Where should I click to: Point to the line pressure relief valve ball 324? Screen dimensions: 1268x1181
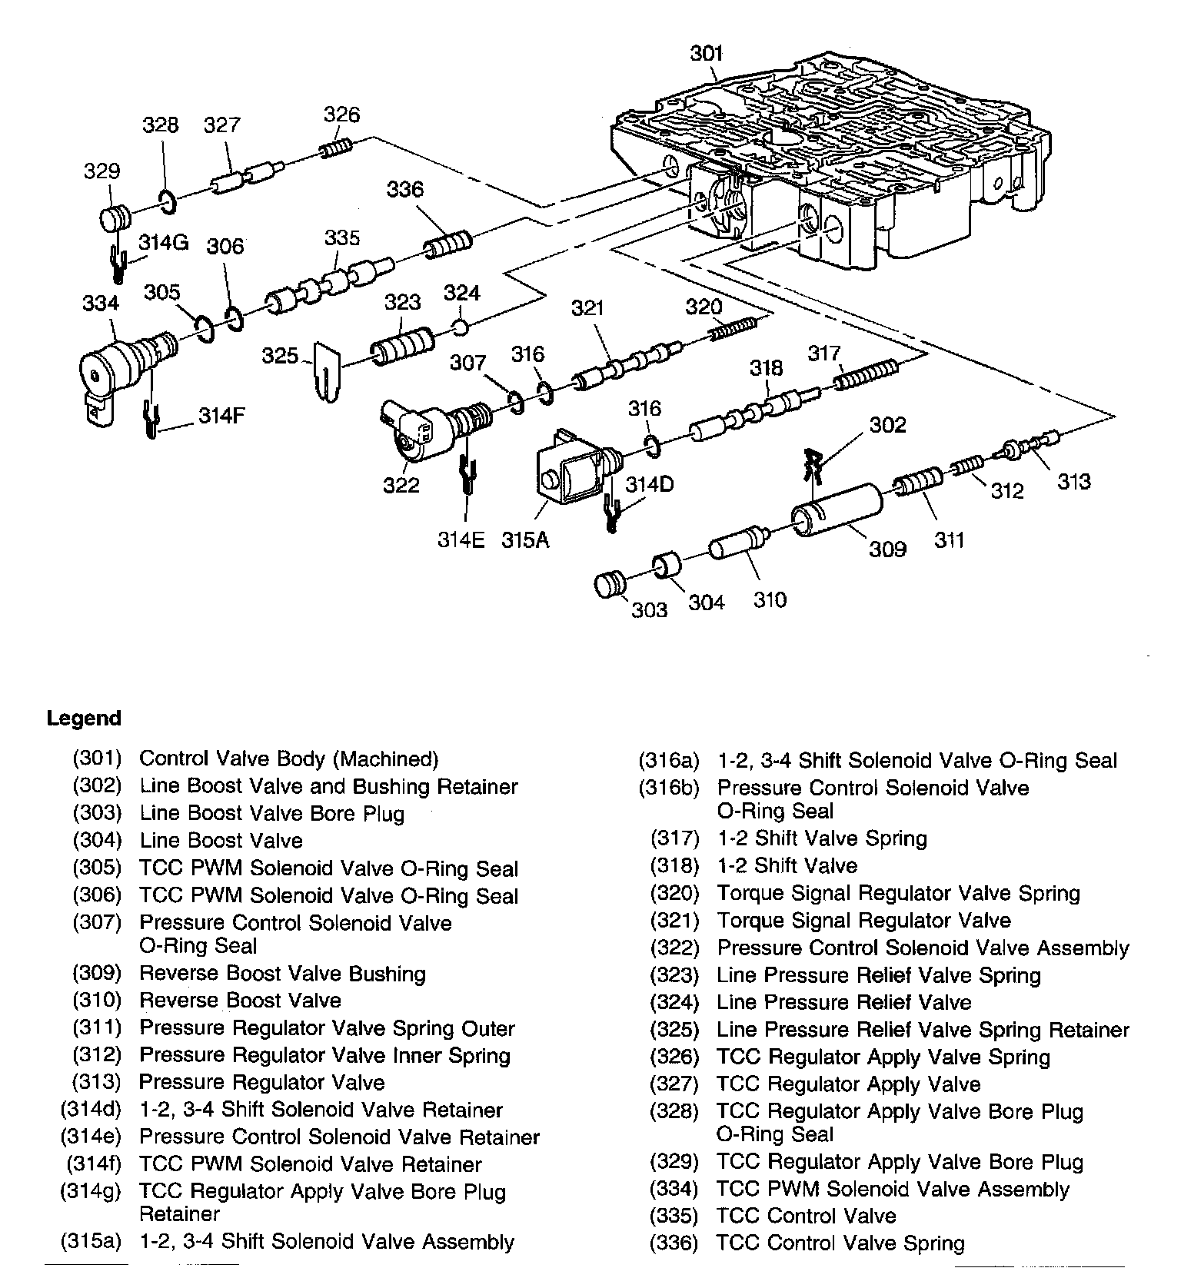[460, 328]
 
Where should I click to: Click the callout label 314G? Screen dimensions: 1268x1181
[163, 243]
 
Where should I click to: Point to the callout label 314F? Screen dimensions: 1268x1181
[221, 416]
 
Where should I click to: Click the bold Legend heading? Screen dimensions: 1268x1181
[84, 719]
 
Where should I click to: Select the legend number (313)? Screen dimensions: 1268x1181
[97, 1082]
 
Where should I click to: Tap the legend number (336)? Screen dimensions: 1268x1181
[674, 1243]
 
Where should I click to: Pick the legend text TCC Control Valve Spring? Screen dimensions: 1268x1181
[840, 1243]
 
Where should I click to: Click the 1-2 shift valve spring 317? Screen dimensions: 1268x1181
[867, 375]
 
